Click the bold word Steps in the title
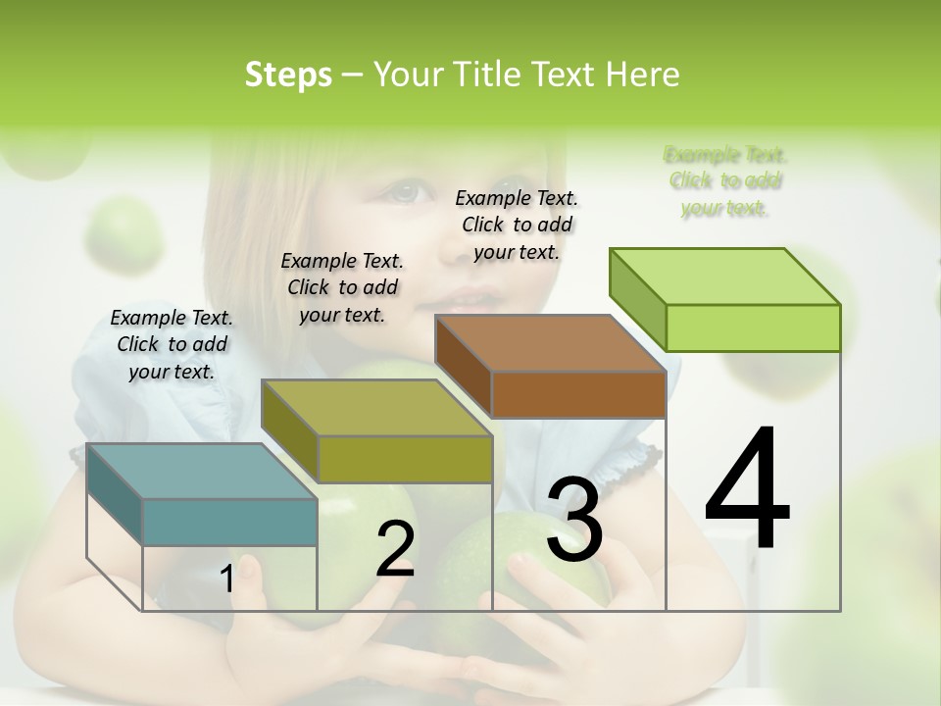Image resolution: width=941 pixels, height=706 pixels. coord(288,75)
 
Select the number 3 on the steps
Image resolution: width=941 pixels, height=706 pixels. coord(574,520)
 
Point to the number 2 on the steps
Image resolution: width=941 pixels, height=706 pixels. coord(395,549)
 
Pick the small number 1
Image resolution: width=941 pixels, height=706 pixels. coord(226,580)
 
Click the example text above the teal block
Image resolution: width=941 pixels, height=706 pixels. coord(172,344)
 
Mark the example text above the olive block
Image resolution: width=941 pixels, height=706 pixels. coord(342,287)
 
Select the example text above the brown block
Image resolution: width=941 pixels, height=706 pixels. coord(517,225)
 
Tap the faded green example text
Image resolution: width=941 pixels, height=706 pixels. coord(725,181)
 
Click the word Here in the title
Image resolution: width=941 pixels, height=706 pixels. coord(643,75)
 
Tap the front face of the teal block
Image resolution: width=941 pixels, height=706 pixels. coord(229,522)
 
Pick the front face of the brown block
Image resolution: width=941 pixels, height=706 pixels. coord(578,394)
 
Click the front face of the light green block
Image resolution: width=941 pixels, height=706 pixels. coord(753,328)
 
